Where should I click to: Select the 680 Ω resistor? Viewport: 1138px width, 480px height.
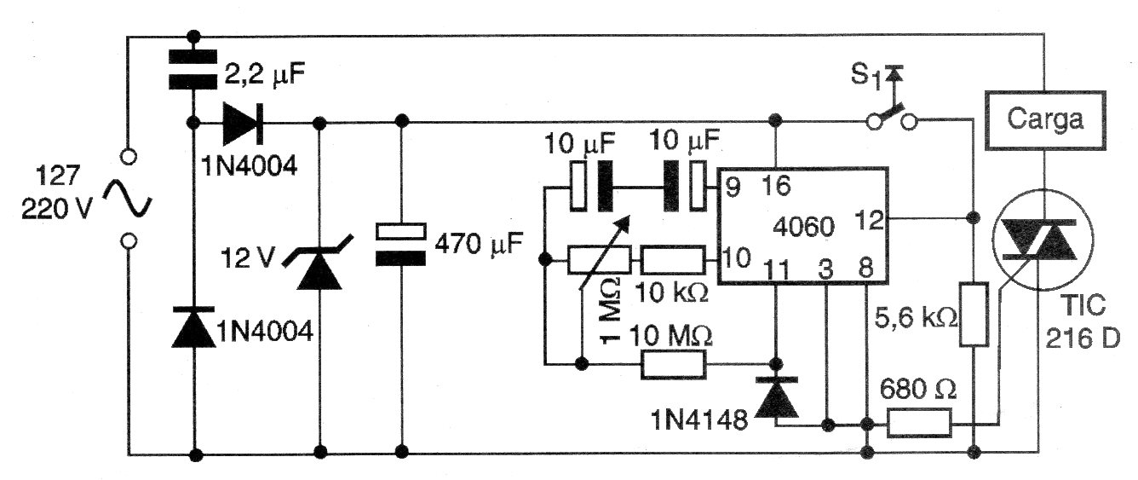click(919, 422)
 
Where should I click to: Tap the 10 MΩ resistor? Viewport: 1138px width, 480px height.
click(673, 365)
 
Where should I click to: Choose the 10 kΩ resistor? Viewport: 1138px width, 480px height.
click(673, 257)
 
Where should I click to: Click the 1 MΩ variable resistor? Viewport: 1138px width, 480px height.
click(599, 257)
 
